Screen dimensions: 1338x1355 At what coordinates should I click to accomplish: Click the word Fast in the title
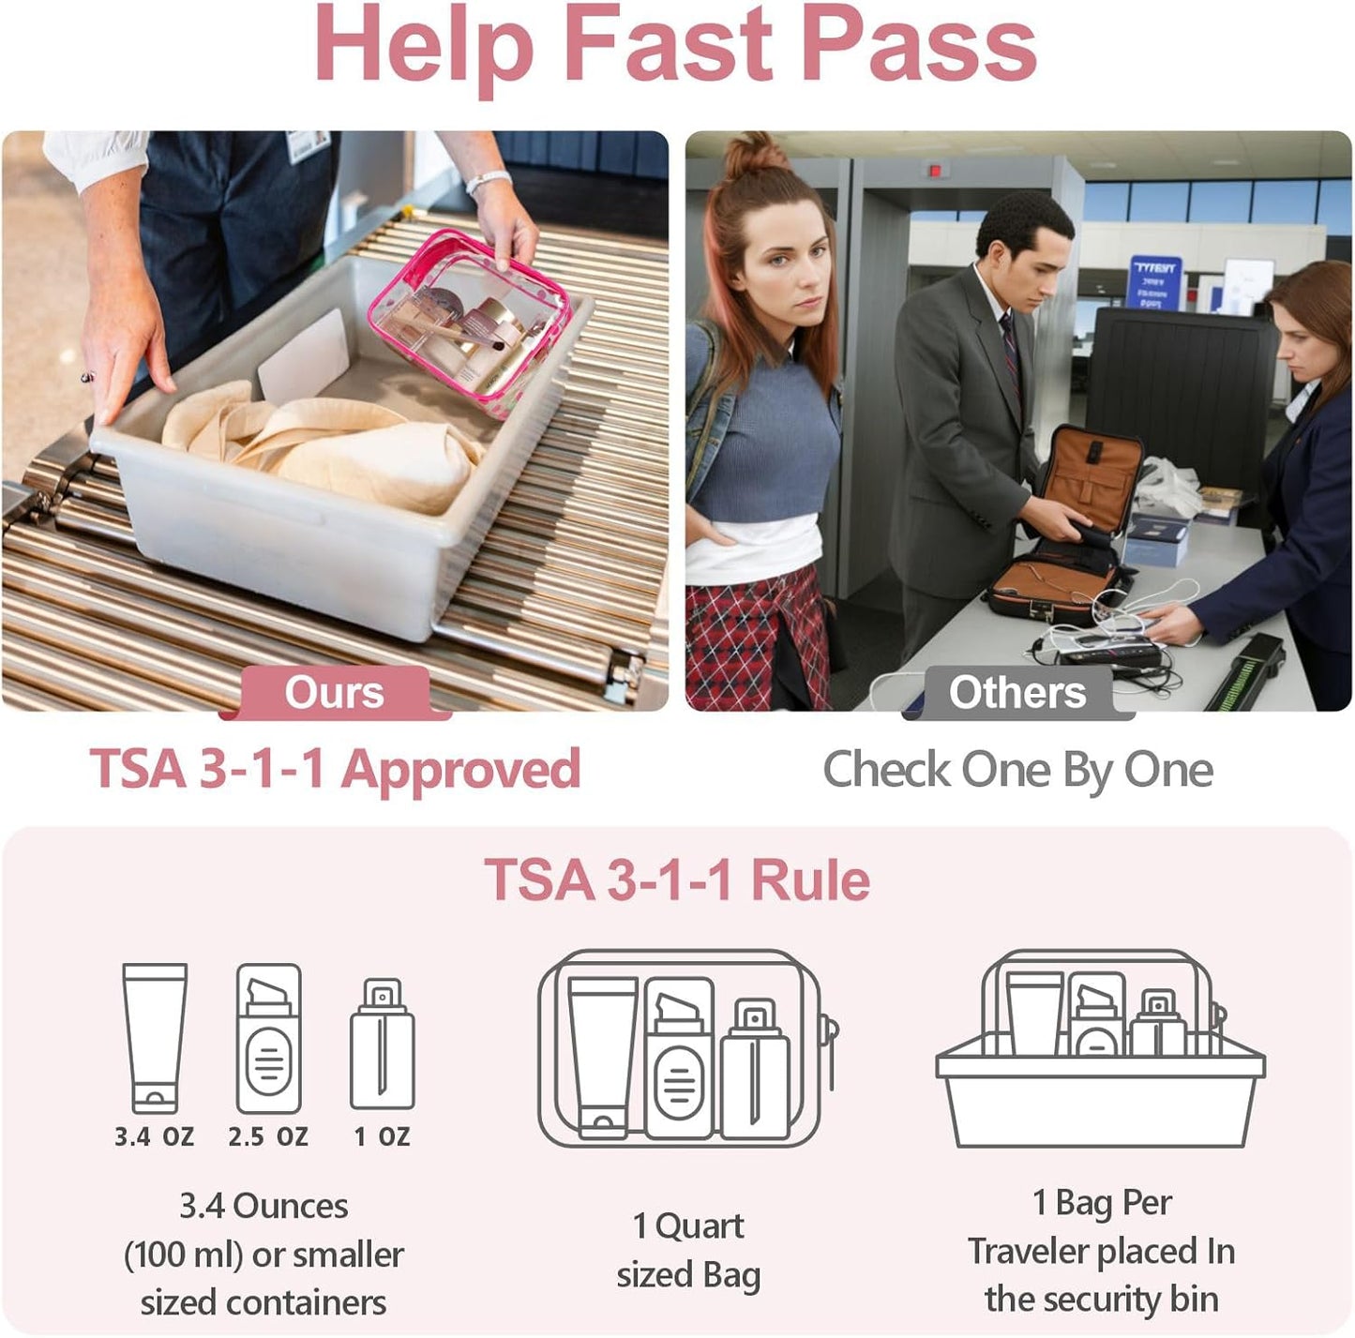click(x=667, y=45)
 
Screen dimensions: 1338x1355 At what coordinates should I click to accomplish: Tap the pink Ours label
click(x=334, y=693)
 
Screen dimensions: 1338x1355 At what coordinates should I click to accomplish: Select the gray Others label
click(x=1017, y=693)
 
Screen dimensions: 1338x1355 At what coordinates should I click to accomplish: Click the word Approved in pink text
click(x=460, y=770)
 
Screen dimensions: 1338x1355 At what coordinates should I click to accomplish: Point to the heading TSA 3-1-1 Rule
click(x=677, y=880)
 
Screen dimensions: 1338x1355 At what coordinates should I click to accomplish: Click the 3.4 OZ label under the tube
click(x=155, y=1137)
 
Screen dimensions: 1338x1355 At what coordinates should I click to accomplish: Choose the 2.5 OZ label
click(x=268, y=1137)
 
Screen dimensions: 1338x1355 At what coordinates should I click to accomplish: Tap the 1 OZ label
click(x=382, y=1137)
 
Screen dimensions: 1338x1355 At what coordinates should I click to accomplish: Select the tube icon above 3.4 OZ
click(x=155, y=1037)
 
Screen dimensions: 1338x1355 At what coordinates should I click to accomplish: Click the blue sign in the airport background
click(x=1154, y=280)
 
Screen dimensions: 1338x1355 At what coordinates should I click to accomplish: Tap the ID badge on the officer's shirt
click(x=308, y=145)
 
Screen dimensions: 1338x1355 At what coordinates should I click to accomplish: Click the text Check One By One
click(x=1017, y=770)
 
